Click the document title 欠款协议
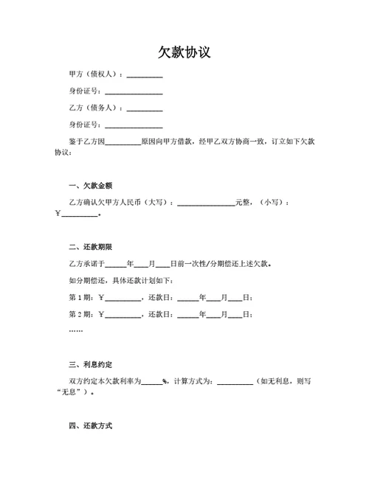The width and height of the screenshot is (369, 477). (x=184, y=52)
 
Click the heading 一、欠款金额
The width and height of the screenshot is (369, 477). (x=90, y=185)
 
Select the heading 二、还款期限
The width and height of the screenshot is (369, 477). (x=90, y=246)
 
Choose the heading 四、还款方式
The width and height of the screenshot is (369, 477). (x=90, y=426)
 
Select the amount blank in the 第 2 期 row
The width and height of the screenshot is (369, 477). (x=123, y=316)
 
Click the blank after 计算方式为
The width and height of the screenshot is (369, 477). (x=235, y=383)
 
